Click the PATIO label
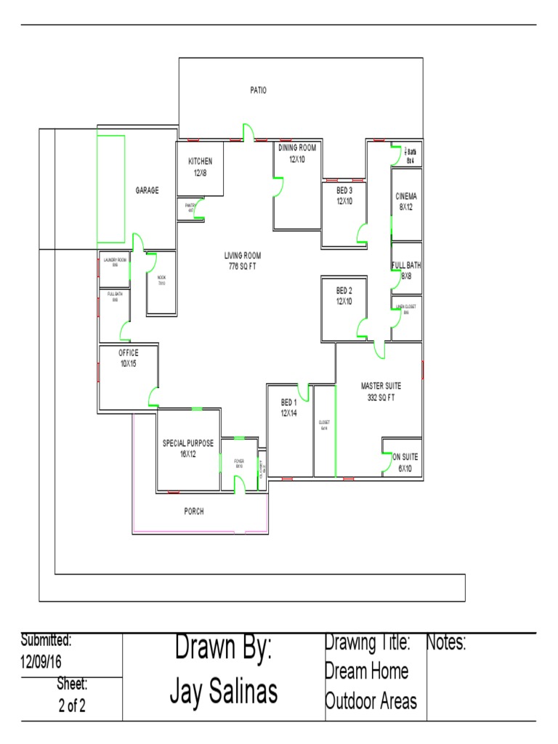coord(258,91)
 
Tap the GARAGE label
coord(147,191)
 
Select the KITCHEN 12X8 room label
coord(200,167)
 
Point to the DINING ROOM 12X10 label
coord(296,153)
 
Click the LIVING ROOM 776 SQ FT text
coord(242,261)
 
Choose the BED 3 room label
coord(344,196)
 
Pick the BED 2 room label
coord(344,296)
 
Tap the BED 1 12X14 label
coord(289,408)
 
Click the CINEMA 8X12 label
coord(406,201)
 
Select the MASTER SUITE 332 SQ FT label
coord(381,392)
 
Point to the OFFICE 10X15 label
coord(128,358)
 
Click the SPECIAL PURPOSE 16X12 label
coord(188,449)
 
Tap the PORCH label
coord(193,511)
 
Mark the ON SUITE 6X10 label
coord(405,463)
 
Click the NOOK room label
coord(161,280)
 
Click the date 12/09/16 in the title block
coord(41,662)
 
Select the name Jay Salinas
coord(224,692)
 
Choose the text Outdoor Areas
coord(371,701)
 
